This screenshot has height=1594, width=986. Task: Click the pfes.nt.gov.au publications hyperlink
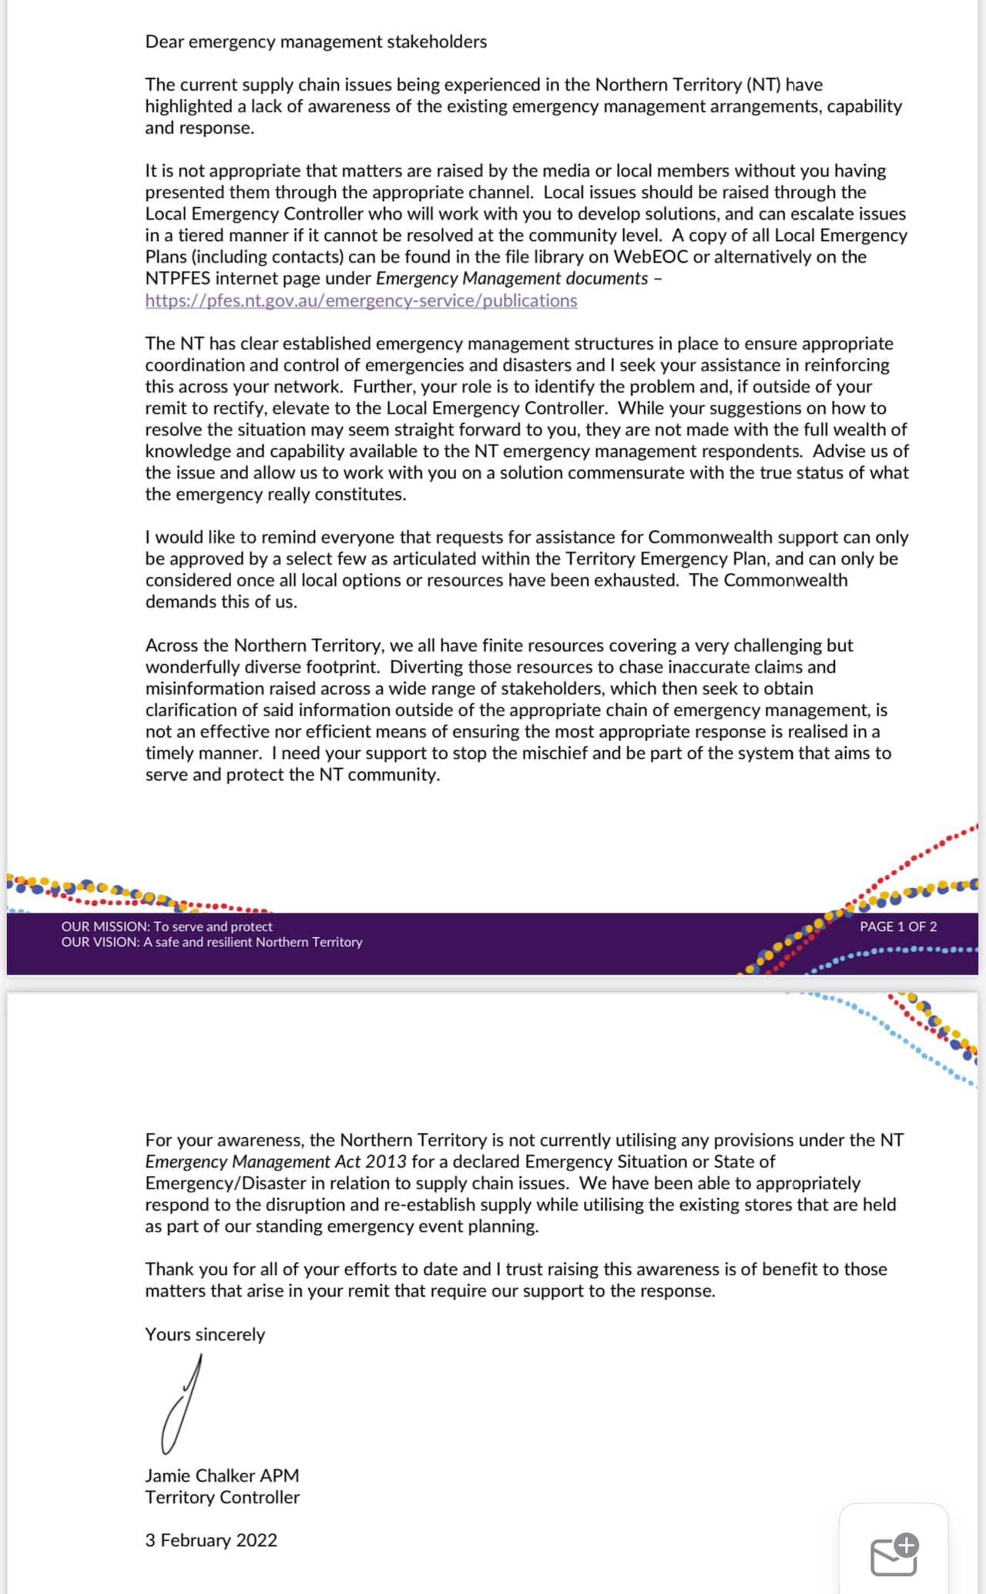point(361,300)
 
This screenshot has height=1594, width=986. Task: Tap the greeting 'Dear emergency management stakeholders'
point(316,42)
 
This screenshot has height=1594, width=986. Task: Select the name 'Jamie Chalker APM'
point(222,1475)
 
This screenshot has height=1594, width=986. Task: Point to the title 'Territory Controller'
point(222,1497)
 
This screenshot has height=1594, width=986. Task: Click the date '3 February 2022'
point(211,1540)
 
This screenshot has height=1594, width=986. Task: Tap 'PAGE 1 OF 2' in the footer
point(898,927)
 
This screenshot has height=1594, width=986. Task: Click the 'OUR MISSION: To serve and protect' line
point(167,927)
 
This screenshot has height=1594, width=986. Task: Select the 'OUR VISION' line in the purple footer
point(212,942)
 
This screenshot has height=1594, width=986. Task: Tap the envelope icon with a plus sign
point(894,1555)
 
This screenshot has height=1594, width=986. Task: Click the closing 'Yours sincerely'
point(205,1334)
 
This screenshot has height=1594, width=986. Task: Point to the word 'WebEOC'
point(650,257)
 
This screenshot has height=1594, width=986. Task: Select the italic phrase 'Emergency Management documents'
point(511,279)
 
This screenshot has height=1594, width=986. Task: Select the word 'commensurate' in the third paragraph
point(632,473)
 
